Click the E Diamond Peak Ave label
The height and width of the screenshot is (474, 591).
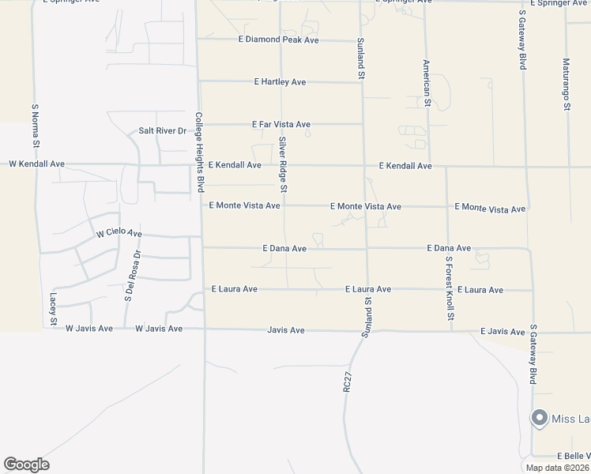tap(278, 39)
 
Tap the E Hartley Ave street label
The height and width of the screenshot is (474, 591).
tap(280, 82)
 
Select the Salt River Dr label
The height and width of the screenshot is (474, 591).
tap(161, 130)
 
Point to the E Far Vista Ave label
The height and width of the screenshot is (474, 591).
tap(280, 125)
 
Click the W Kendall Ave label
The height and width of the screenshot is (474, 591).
tap(36, 164)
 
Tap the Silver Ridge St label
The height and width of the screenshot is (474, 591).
tap(282, 164)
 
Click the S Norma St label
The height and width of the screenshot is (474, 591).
tap(35, 127)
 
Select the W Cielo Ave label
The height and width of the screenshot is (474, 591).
tap(119, 234)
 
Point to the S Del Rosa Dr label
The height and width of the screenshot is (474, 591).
tap(132, 276)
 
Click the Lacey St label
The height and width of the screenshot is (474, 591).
tap(53, 309)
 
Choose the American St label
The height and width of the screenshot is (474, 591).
tap(427, 83)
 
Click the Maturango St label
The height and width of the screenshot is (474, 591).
tap(567, 85)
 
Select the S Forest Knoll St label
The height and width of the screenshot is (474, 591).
tap(449, 288)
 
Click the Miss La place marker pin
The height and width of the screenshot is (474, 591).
tap(540, 418)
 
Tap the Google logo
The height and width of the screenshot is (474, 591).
tap(26, 465)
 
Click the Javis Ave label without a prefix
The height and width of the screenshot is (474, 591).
tap(285, 330)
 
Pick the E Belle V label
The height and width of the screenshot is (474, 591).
tap(574, 457)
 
